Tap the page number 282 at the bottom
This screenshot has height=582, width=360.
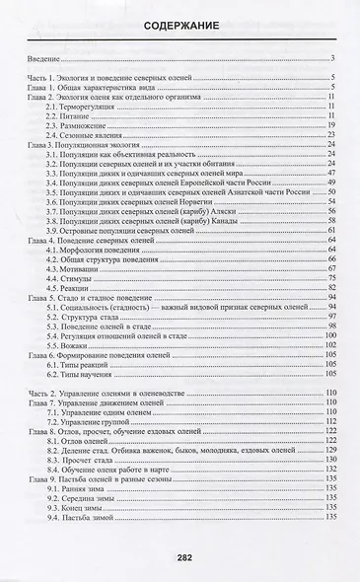click(180, 556)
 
